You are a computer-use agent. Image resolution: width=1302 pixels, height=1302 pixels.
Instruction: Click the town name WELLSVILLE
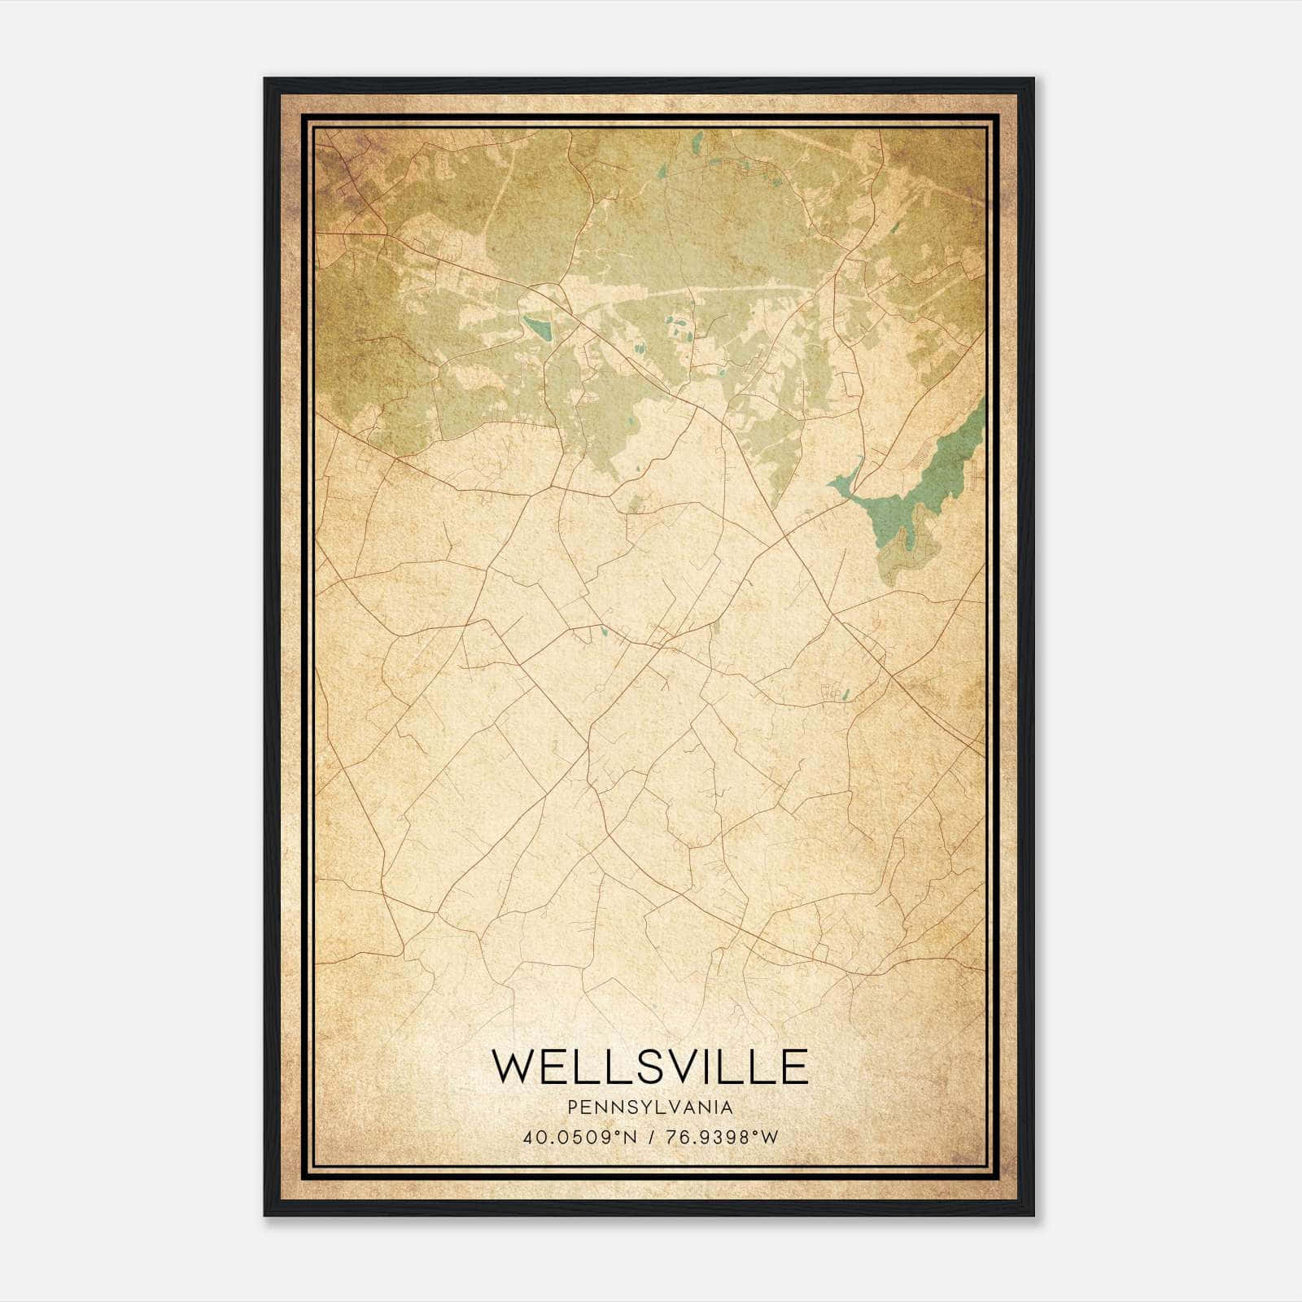(x=650, y=1067)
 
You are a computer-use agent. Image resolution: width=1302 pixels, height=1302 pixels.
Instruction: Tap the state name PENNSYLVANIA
(x=650, y=1108)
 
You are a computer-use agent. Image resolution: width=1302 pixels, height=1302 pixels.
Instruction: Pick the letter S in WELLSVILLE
(x=650, y=1067)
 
